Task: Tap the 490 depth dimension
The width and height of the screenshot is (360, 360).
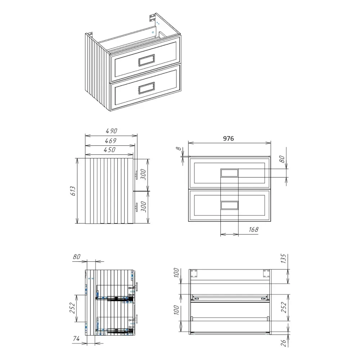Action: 111,131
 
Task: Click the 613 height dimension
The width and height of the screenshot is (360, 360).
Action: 73,191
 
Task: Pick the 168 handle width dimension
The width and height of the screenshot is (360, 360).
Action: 253,229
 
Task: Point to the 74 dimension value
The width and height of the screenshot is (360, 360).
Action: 76,338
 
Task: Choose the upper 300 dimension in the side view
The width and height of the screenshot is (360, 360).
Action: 143,175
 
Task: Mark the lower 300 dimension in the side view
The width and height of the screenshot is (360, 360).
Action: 143,207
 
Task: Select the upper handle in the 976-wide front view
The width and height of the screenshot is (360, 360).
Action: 229,173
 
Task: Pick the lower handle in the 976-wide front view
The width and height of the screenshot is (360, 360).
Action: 229,205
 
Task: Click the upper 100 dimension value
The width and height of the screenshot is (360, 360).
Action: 176,273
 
